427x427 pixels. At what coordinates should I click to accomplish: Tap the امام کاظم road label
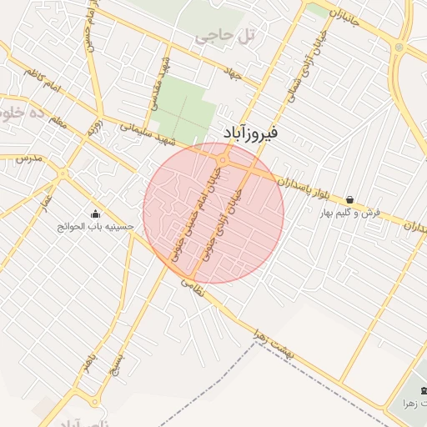tap(43, 84)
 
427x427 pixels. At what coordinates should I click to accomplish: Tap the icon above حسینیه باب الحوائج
tap(93, 212)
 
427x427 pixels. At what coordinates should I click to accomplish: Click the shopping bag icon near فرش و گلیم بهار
tap(349, 200)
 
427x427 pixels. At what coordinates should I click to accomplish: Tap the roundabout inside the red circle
tap(224, 159)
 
